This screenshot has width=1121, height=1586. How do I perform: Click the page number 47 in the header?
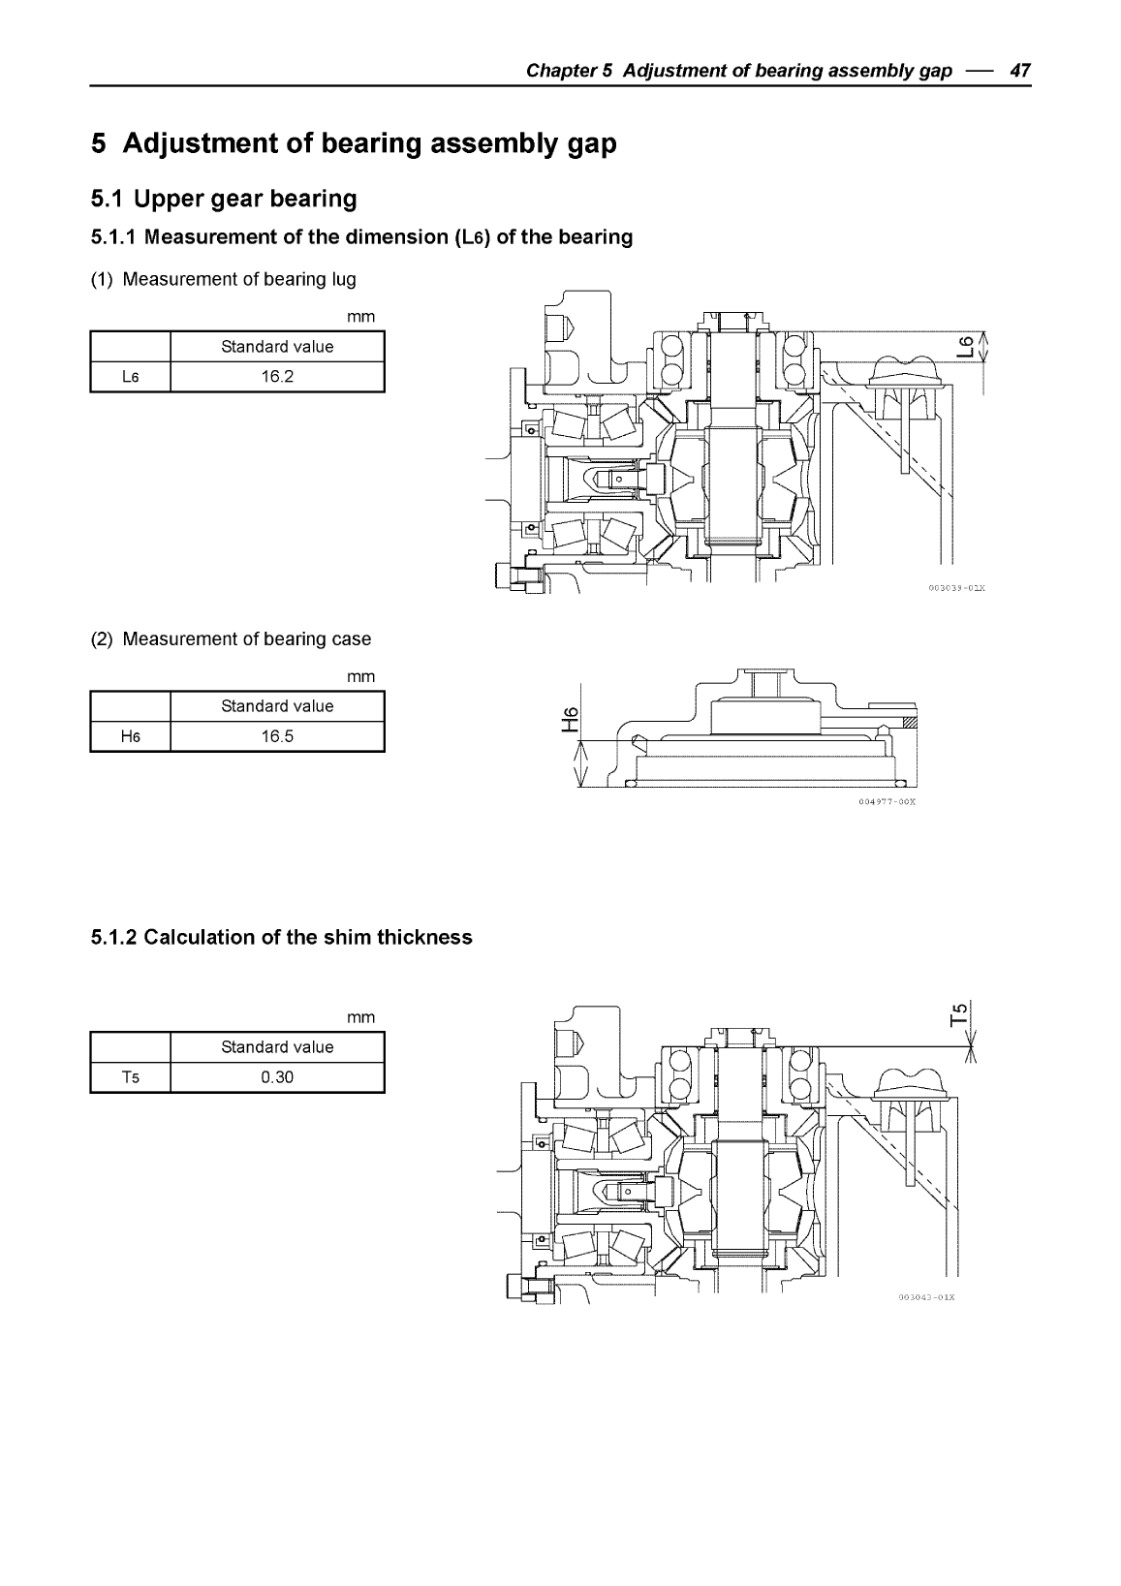pos(1020,71)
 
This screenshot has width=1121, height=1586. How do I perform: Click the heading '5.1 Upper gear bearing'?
pos(224,199)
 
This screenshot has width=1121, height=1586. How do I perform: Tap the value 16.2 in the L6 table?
pos(277,377)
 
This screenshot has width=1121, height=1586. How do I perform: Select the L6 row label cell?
pos(131,377)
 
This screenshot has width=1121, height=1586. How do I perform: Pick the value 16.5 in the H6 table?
pos(277,736)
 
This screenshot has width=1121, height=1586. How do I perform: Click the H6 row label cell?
pos(131,736)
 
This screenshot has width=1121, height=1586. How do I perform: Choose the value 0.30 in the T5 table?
pos(277,1077)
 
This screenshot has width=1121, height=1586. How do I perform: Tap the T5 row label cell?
pos(131,1077)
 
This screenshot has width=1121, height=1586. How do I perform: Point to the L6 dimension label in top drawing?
pos(963,346)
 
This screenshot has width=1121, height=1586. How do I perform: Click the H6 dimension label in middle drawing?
pos(571,719)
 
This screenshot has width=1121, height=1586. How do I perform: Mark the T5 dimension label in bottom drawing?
pos(959,1012)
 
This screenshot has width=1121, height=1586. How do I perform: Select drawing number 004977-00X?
pos(887,802)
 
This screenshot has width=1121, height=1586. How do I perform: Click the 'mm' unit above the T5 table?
pos(360,1017)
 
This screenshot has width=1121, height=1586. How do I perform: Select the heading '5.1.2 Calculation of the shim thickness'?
pos(281,937)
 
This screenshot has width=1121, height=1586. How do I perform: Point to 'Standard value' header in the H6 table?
pos(277,706)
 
